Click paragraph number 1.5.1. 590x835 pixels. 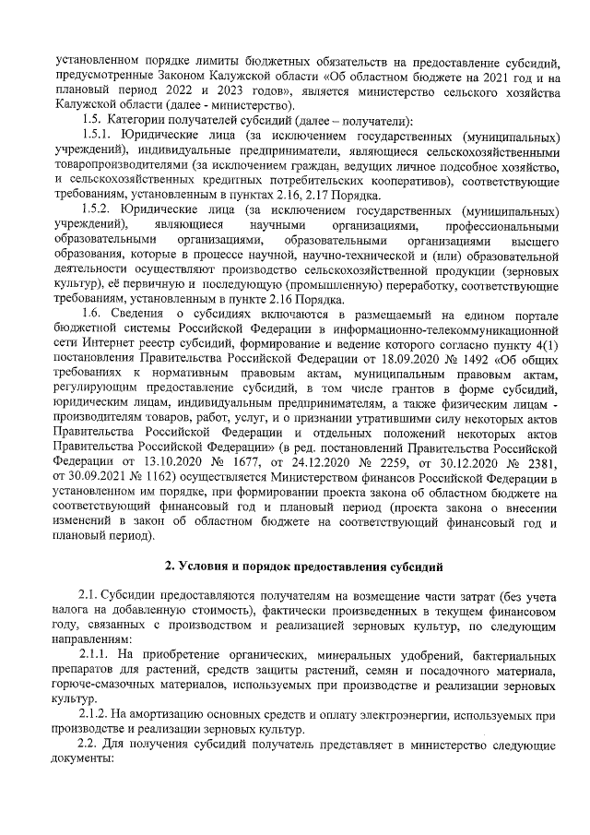click(97, 135)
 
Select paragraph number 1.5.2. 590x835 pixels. click(98, 209)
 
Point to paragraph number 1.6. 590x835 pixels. click(92, 315)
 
